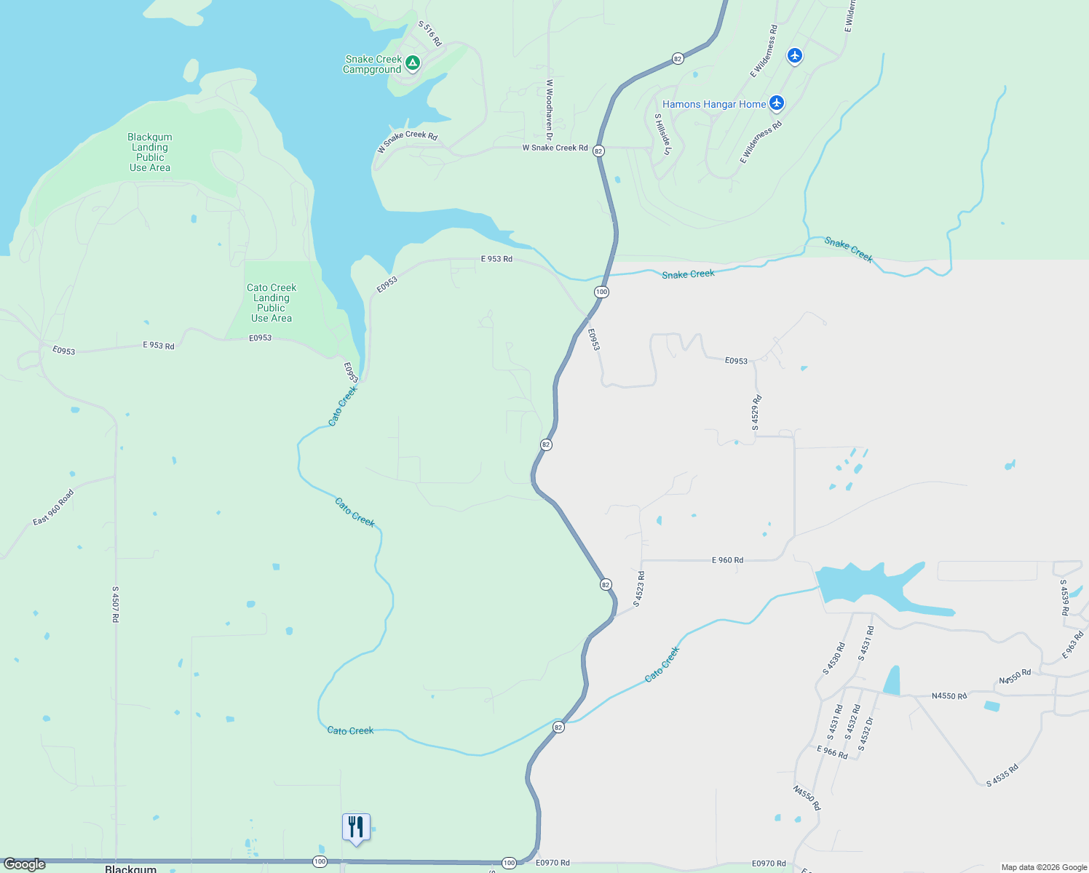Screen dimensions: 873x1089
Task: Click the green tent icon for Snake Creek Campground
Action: pos(413,63)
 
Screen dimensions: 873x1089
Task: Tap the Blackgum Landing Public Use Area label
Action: pos(150,152)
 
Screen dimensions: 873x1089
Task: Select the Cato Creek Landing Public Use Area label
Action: pos(272,303)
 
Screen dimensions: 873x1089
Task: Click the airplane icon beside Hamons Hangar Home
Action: pos(777,103)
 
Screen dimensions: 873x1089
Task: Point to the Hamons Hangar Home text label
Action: pos(713,104)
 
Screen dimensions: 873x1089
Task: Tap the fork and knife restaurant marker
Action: pos(356,827)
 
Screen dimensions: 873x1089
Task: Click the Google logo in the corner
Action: pos(24,864)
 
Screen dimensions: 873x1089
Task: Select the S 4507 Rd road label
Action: pos(115,604)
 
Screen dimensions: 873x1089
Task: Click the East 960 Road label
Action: pos(53,508)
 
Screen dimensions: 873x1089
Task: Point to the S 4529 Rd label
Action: pos(757,412)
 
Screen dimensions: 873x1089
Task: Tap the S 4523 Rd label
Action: pos(639,589)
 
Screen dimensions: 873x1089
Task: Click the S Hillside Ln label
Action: pos(662,134)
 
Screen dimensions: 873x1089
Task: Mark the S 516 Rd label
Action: pos(429,34)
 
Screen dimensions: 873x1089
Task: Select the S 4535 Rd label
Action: pos(1002,775)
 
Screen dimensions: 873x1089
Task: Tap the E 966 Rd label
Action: pos(832,752)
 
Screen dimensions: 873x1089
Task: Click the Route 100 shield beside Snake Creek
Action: pos(601,292)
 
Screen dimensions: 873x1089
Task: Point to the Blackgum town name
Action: pos(131,869)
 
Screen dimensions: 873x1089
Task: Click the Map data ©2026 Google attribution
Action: pos(1044,867)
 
